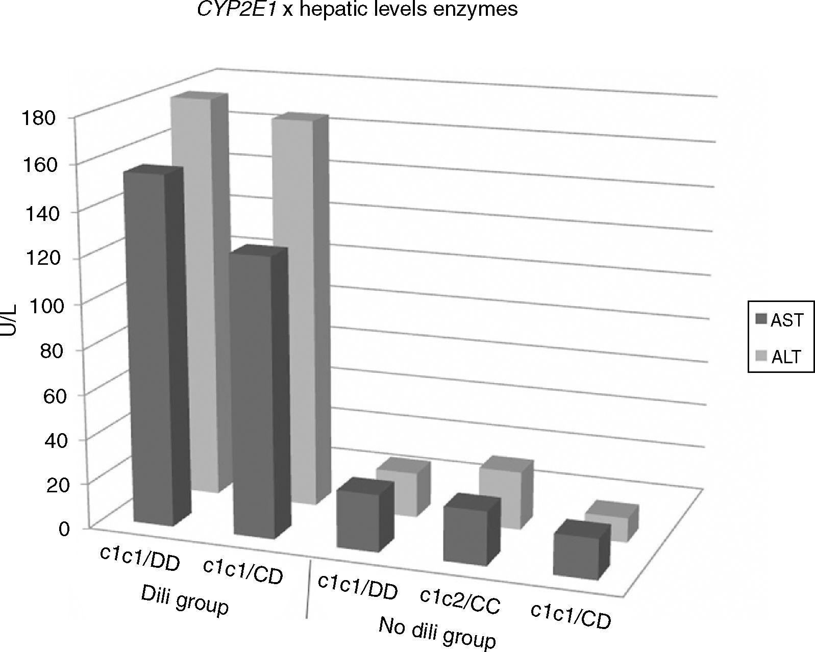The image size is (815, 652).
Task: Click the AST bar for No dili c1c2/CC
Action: point(464,536)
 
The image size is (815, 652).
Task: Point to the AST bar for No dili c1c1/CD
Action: point(576,556)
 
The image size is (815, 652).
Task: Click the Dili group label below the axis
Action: point(184,600)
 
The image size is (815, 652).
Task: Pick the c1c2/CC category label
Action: point(460,600)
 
